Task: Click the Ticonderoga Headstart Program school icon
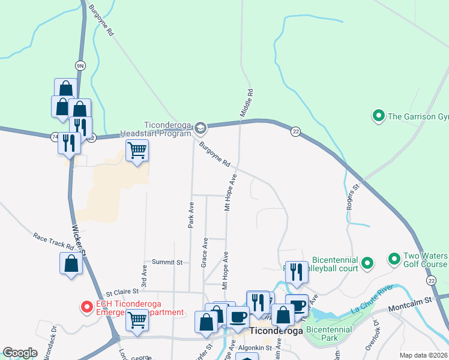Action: pyautogui.click(x=200, y=127)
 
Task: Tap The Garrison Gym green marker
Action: pyautogui.click(x=379, y=115)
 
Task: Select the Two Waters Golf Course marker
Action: pyautogui.click(x=394, y=259)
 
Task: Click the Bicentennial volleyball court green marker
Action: pyautogui.click(x=368, y=262)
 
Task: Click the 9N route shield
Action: pyautogui.click(x=80, y=65)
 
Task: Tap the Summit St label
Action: pyautogui.click(x=167, y=262)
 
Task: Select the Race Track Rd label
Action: pyautogui.click(x=53, y=242)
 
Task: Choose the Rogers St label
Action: pyautogui.click(x=352, y=197)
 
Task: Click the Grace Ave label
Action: pyautogui.click(x=205, y=252)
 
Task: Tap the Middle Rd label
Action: pyautogui.click(x=247, y=103)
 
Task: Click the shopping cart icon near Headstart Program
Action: pyautogui.click(x=137, y=150)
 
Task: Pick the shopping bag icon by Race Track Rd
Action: pyautogui.click(x=71, y=263)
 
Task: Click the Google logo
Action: pyautogui.click(x=20, y=353)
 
